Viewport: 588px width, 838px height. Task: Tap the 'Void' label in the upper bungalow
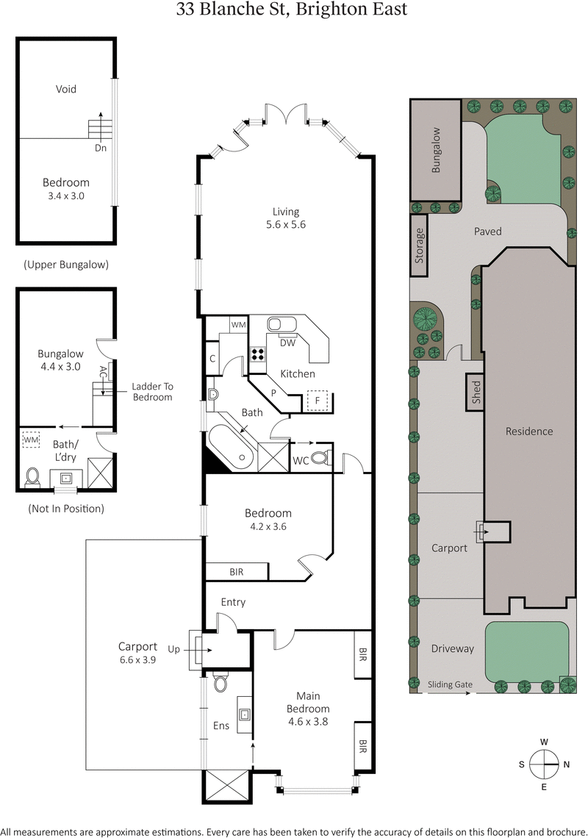pyautogui.click(x=66, y=89)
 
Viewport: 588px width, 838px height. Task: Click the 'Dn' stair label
pyautogui.click(x=101, y=147)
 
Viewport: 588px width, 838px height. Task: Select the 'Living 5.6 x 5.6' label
pyautogui.click(x=285, y=218)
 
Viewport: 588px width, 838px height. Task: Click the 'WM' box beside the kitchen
pyautogui.click(x=238, y=324)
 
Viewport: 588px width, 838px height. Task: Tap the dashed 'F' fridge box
pyautogui.click(x=318, y=402)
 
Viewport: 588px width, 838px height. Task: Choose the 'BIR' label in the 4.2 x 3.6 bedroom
pyautogui.click(x=236, y=571)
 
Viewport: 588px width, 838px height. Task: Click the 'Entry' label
pyautogui.click(x=233, y=602)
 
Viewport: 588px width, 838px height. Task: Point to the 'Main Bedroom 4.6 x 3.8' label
pyautogui.click(x=312, y=708)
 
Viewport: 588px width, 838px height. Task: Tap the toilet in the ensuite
pyautogui.click(x=220, y=684)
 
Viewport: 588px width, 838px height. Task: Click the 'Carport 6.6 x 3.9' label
pyautogui.click(x=138, y=653)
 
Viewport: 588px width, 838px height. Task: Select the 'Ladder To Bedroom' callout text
pyautogui.click(x=152, y=391)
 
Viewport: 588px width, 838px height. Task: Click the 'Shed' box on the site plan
pyautogui.click(x=476, y=391)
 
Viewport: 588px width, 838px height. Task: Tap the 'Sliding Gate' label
pyautogui.click(x=450, y=684)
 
